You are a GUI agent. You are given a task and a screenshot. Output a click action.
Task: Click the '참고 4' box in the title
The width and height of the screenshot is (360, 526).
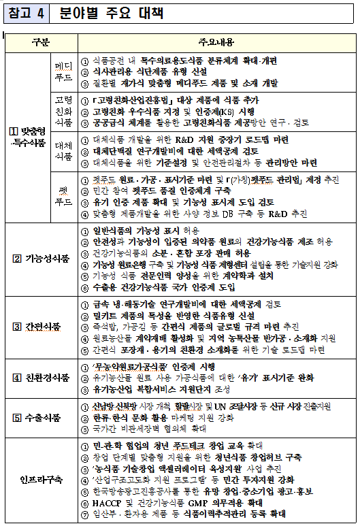[28, 13]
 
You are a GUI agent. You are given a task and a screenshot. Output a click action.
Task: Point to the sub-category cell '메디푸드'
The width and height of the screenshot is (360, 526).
[63, 72]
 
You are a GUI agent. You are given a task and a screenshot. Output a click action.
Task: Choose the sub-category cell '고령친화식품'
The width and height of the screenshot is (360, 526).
[63, 110]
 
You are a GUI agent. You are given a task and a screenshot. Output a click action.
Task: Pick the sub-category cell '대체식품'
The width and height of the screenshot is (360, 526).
[63, 151]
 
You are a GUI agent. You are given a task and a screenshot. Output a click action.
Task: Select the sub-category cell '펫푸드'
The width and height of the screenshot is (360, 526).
[63, 197]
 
